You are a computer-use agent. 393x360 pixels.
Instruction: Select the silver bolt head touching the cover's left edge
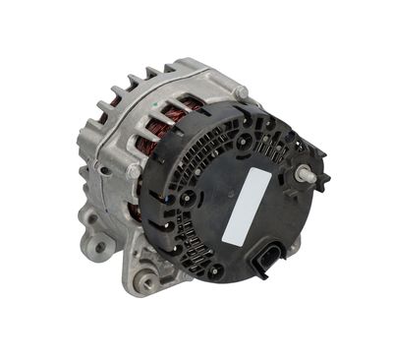(x=134, y=171)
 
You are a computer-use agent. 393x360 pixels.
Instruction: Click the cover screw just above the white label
(x=242, y=142)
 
